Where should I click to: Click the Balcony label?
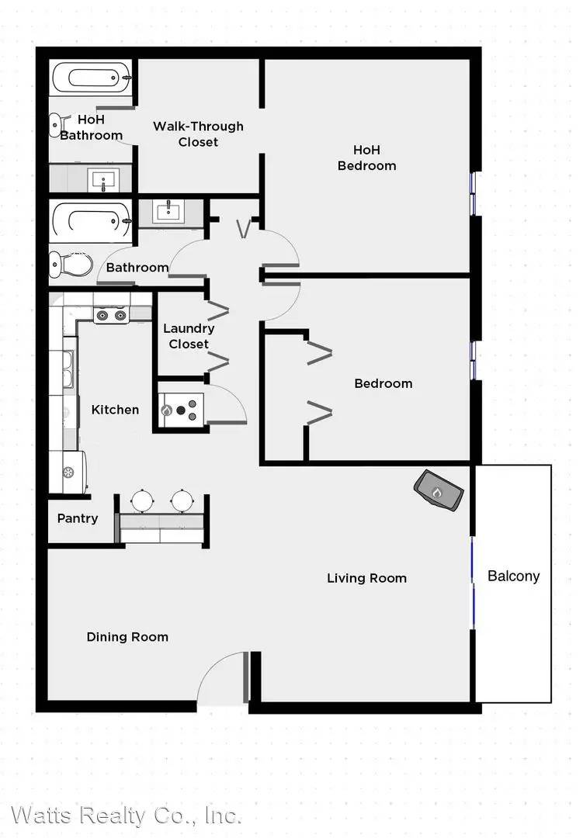click(x=513, y=576)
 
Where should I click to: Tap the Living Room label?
click(x=366, y=578)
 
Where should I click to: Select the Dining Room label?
click(x=127, y=637)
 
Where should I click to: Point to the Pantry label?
click(x=78, y=518)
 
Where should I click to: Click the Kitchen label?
click(x=115, y=410)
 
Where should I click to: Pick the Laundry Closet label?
click(x=189, y=336)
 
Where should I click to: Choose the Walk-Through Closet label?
click(x=198, y=133)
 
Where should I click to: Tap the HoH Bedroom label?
click(x=366, y=158)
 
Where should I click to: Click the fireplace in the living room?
click(x=439, y=490)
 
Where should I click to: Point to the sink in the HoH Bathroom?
click(x=102, y=179)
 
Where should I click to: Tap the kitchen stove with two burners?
click(x=111, y=315)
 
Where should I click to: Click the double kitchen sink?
click(x=64, y=371)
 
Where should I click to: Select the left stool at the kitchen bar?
click(x=142, y=500)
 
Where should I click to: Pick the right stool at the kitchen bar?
click(x=183, y=500)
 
